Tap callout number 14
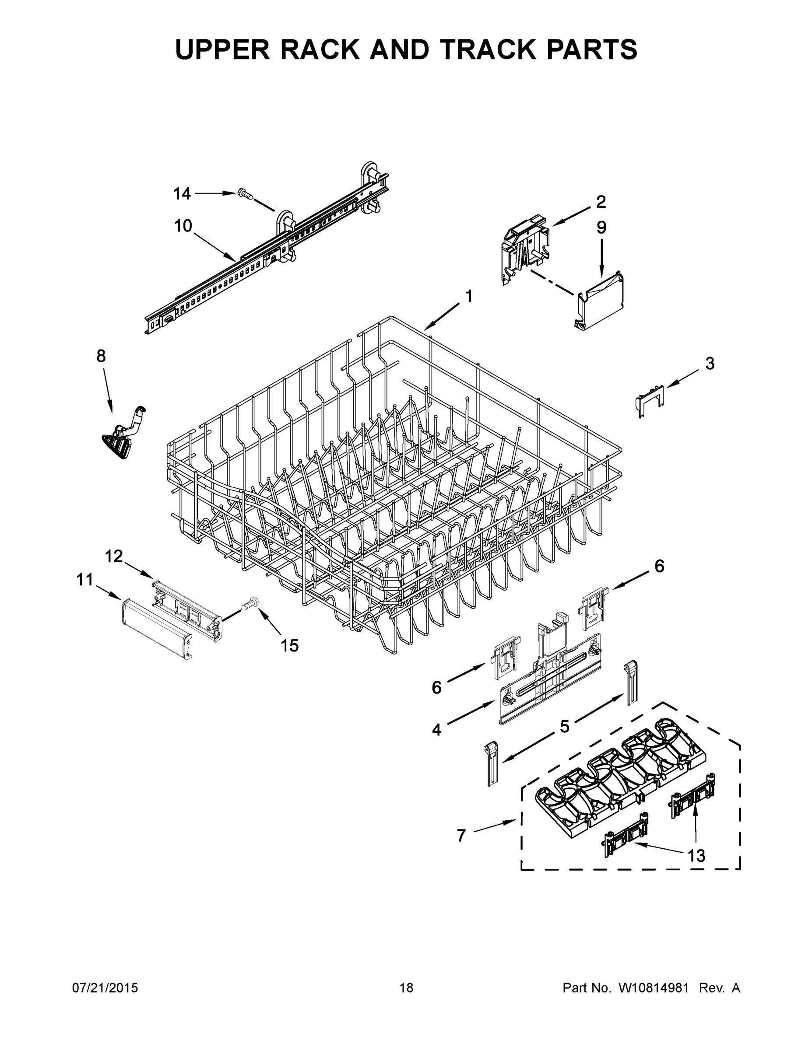tap(182, 194)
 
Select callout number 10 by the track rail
tap(183, 225)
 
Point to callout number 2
tap(601, 202)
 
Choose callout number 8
tap(101, 356)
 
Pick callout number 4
tap(436, 730)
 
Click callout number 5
tap(564, 726)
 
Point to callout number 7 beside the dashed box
tap(461, 836)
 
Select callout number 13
tap(696, 855)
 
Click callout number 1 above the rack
tap(468, 296)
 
